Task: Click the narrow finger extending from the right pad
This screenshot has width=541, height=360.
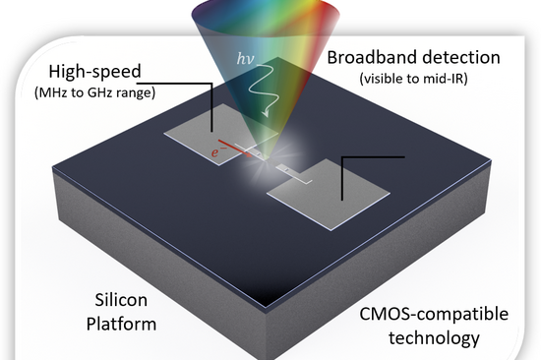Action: tap(288, 170)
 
